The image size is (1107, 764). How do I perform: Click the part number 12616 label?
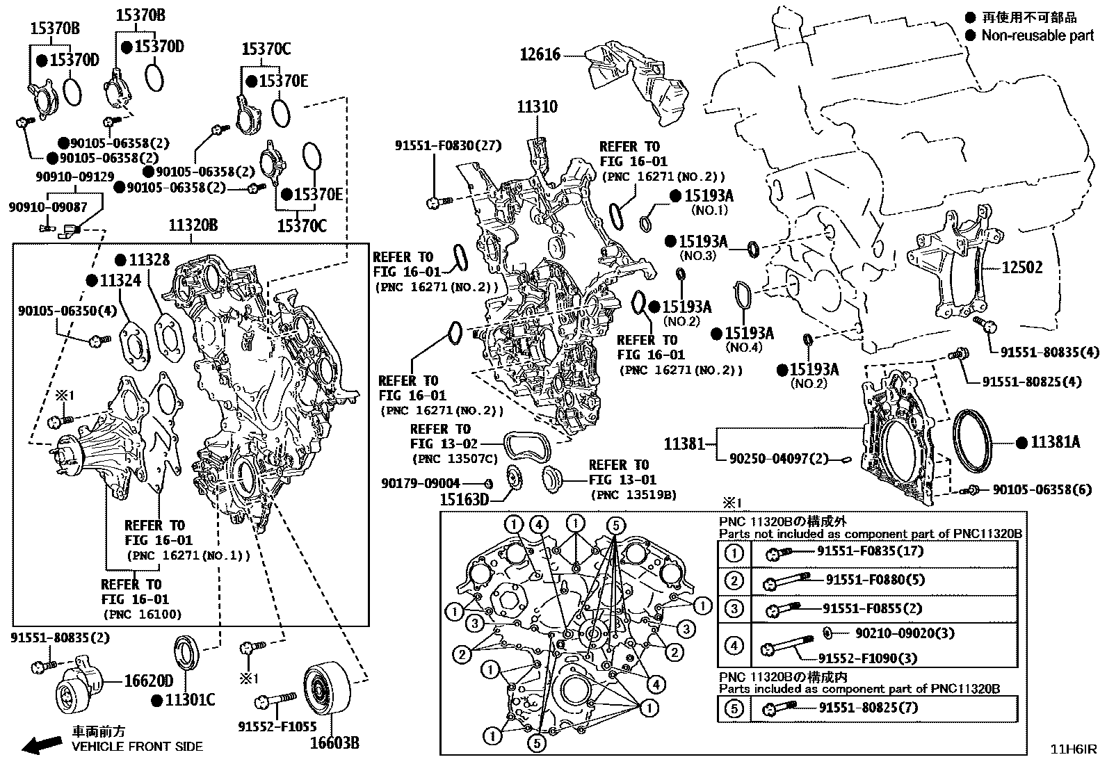pos(540,54)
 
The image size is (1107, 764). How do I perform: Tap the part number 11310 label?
pos(537,107)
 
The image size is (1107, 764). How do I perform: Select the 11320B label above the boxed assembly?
pos(193,225)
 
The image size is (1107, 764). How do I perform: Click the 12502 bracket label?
pos(1021,267)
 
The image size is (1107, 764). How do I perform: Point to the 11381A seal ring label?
pos(1055,442)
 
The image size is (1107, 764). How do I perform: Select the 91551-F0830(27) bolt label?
pos(448,146)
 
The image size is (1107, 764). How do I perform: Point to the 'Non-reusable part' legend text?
pos(1037,35)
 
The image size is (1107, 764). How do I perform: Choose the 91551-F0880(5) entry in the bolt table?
pos(875,580)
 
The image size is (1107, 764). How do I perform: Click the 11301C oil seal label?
pos(190,700)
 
